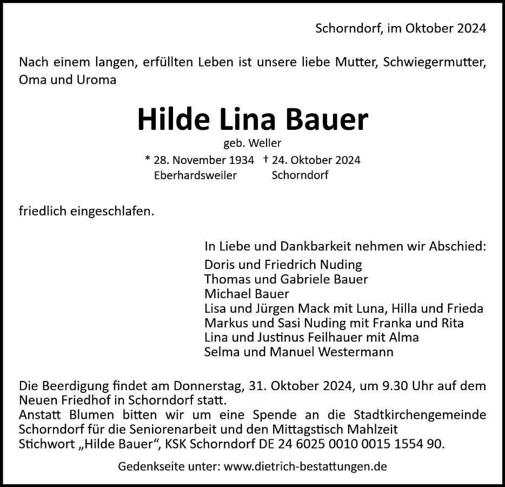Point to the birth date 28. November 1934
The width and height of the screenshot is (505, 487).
pyautogui.click(x=204, y=161)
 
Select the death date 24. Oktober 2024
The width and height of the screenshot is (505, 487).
pyautogui.click(x=317, y=161)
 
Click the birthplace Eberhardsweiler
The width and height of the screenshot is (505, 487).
pyautogui.click(x=195, y=176)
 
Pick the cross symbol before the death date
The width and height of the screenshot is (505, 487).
pyautogui.click(x=266, y=160)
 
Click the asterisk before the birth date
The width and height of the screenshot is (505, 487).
pyautogui.click(x=148, y=160)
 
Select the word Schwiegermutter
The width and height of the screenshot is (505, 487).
pyautogui.click(x=434, y=62)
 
